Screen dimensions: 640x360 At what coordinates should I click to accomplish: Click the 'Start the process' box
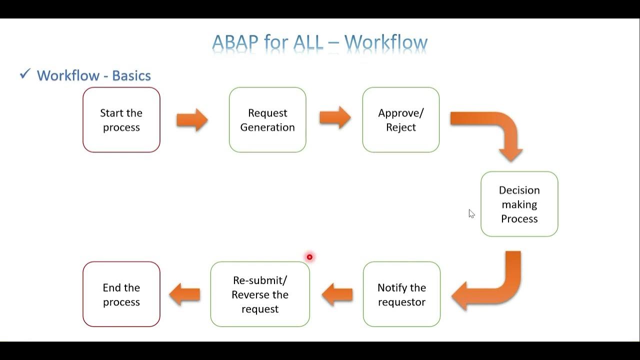[121, 119]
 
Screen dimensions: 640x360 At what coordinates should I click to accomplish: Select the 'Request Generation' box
[267, 119]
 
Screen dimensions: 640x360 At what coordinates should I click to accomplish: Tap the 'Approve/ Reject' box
[401, 119]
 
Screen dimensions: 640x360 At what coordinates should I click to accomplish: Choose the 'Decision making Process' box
[519, 204]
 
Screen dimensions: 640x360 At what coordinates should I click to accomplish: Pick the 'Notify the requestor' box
[401, 294]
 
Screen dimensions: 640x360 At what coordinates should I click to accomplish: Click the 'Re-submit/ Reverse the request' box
[260, 294]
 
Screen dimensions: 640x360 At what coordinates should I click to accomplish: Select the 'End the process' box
[121, 294]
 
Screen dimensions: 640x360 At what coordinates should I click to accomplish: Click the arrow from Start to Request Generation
[192, 119]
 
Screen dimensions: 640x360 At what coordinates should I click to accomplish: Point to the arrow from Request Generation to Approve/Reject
[335, 117]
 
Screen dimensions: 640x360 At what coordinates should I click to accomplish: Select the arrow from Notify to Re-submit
[337, 294]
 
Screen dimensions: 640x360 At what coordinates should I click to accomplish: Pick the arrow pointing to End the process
[184, 294]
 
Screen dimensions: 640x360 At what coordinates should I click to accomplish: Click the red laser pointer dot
[309, 257]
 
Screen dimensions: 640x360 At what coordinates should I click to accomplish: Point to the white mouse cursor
[471, 213]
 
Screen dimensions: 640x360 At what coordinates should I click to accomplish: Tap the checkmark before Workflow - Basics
[25, 73]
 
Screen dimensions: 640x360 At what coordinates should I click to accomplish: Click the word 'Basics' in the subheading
[131, 75]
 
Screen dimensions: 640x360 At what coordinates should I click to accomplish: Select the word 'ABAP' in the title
[235, 42]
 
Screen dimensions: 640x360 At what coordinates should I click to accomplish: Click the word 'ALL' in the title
[308, 42]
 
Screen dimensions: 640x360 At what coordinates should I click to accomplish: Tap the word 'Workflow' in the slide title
[386, 42]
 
